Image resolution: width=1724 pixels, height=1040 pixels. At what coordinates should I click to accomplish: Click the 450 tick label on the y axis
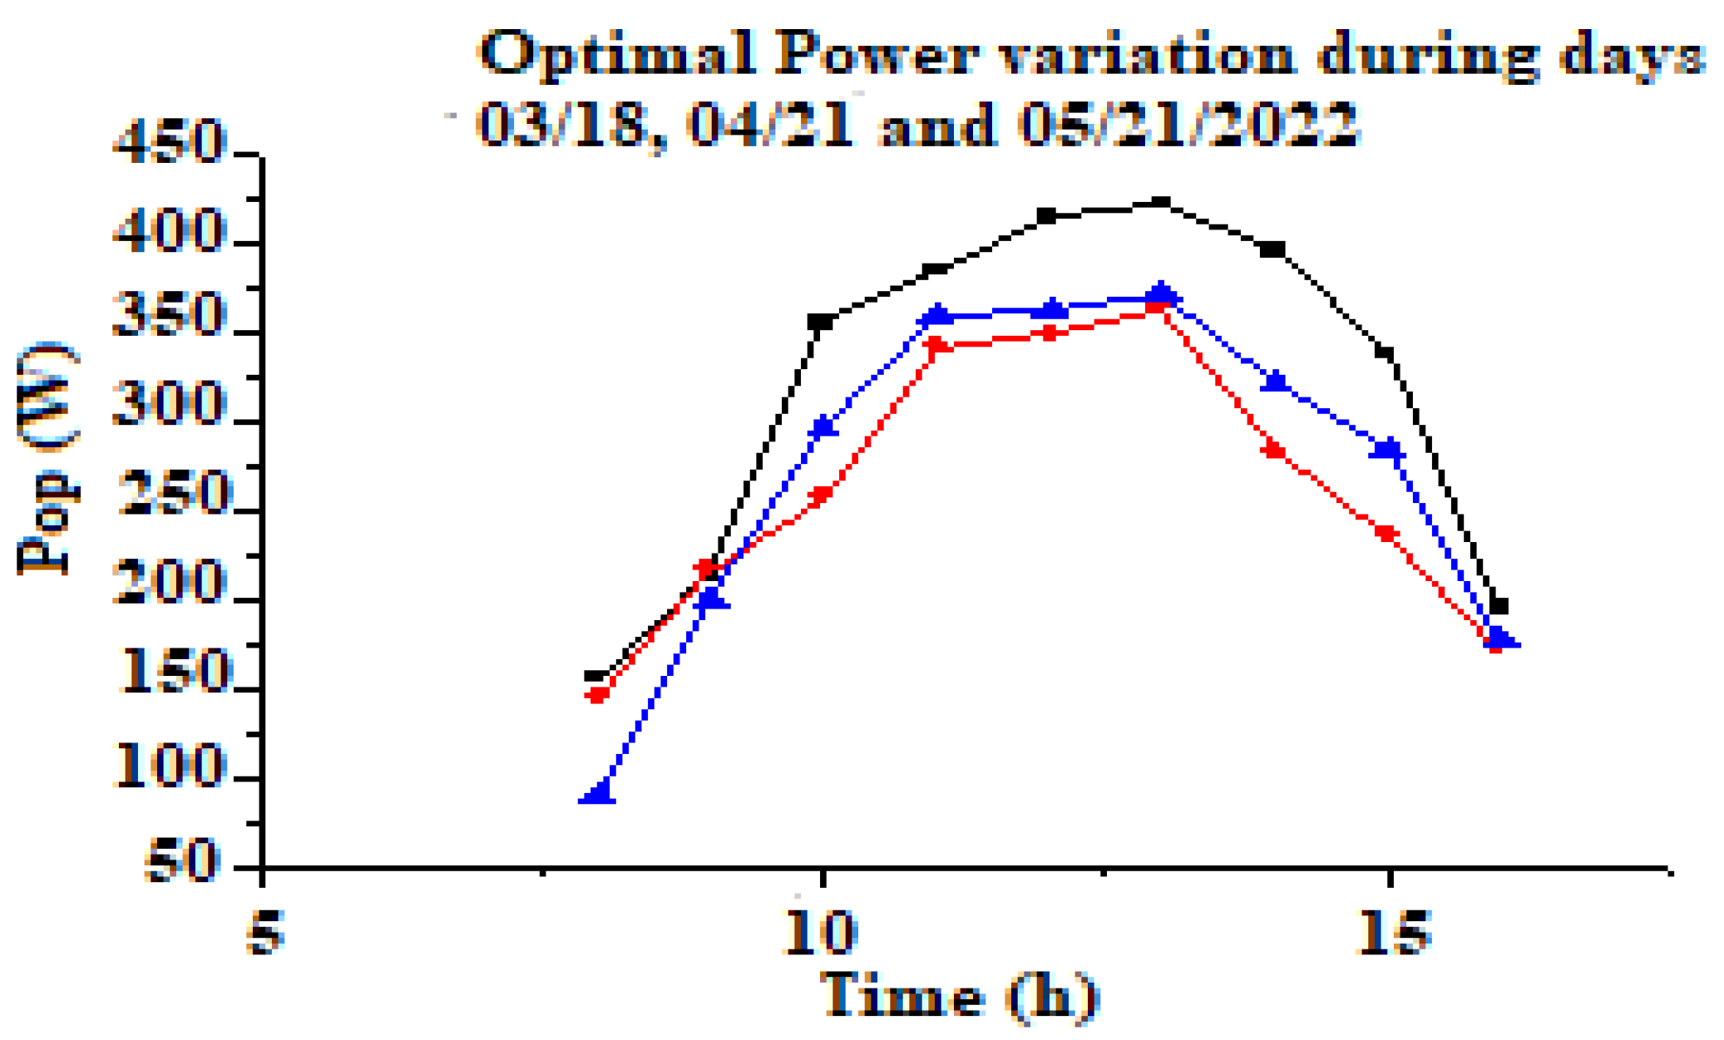pyautogui.click(x=170, y=141)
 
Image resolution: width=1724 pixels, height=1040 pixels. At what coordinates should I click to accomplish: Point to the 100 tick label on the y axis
pyautogui.click(x=170, y=766)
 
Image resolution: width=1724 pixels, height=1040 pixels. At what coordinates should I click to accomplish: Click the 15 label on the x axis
pyautogui.click(x=1391, y=931)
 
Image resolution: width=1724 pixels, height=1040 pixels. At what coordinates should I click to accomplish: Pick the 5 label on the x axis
pyautogui.click(x=264, y=931)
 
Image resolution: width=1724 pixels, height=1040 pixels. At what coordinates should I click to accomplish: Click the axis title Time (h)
pyautogui.click(x=961, y=996)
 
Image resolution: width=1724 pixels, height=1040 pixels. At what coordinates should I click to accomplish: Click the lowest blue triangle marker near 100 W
pyautogui.click(x=597, y=792)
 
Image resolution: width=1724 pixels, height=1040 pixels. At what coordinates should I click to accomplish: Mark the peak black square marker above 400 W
pyautogui.click(x=1160, y=202)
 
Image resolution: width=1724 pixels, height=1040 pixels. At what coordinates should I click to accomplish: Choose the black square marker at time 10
pyautogui.click(x=820, y=322)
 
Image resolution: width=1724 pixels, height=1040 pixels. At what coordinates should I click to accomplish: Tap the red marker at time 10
pyautogui.click(x=821, y=496)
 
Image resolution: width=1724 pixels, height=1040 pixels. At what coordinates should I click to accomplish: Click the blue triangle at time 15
pyautogui.click(x=1387, y=449)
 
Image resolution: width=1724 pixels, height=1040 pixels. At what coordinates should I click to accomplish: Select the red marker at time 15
pyautogui.click(x=1386, y=533)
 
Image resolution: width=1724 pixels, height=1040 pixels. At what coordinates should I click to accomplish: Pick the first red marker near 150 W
pyautogui.click(x=597, y=695)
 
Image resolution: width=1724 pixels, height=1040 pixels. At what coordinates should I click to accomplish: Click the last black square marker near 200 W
pyautogui.click(x=1499, y=606)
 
